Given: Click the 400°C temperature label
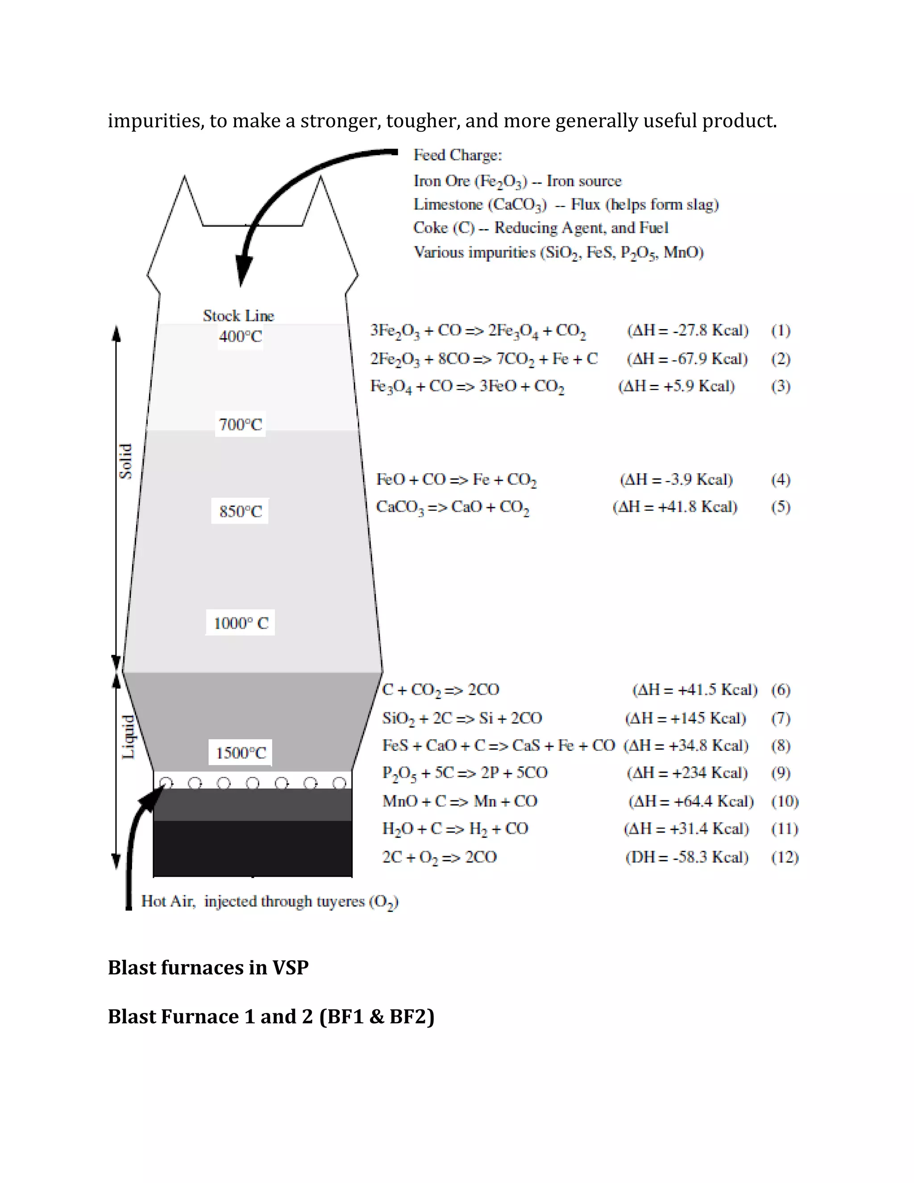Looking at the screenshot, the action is pyautogui.click(x=241, y=337).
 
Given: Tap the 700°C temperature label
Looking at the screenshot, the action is pyautogui.click(x=241, y=424).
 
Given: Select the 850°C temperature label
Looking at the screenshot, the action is pyautogui.click(x=241, y=511).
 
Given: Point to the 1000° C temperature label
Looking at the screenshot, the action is pyautogui.click(x=241, y=623).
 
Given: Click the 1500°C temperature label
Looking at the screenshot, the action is pyautogui.click(x=241, y=753).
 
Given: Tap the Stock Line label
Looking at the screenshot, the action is pyautogui.click(x=239, y=315).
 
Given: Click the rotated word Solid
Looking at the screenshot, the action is pyautogui.click(x=125, y=461).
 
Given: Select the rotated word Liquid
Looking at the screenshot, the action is pyautogui.click(x=128, y=737).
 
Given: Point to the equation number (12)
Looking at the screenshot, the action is pyautogui.click(x=785, y=857).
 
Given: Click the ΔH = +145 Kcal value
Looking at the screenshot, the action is pyautogui.click(x=685, y=718).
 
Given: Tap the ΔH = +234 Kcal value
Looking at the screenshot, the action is pyautogui.click(x=687, y=773).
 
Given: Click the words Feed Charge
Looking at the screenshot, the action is pyautogui.click(x=457, y=155).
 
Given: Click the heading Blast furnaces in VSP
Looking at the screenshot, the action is pyautogui.click(x=208, y=967).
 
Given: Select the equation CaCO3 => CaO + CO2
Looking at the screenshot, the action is pyautogui.click(x=453, y=507).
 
